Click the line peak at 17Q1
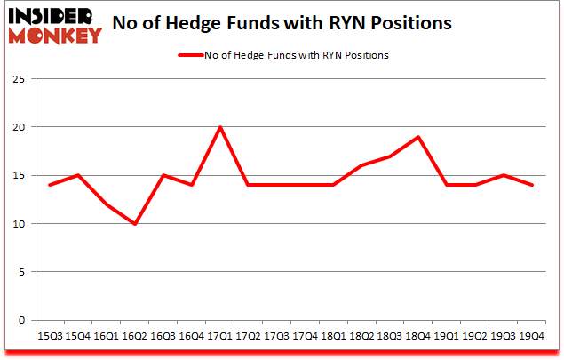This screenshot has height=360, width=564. pos(220,127)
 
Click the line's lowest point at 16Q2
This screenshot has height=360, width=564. pos(135,224)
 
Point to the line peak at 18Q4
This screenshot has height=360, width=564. pos(418,137)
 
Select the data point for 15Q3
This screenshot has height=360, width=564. pos(50,185)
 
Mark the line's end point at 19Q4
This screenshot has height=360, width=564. pos(531,185)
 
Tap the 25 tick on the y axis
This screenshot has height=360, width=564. pos(18,79)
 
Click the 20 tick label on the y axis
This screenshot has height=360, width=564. pos(18,127)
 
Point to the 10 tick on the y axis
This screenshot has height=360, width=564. pos(18,224)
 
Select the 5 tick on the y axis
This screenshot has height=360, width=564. pos(20,272)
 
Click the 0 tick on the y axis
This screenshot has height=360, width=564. pos(20,320)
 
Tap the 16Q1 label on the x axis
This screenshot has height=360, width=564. pos(107,336)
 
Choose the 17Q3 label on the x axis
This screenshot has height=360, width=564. pos(276,336)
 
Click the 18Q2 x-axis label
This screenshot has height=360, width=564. pos(361,336)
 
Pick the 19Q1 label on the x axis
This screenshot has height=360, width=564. pos(447,336)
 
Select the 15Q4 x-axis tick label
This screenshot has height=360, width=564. pos(78,336)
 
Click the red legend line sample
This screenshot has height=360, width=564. pos(191,55)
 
